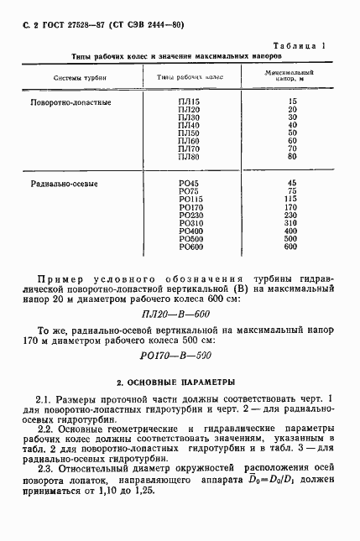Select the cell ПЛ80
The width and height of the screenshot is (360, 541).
point(190,156)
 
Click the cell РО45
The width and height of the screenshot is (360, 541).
point(190,183)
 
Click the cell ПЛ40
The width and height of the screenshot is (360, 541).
point(190,124)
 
